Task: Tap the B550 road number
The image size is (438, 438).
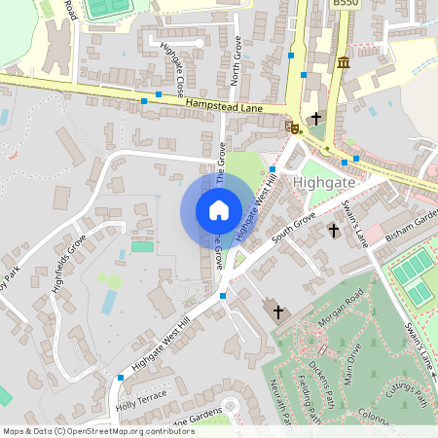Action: point(345,5)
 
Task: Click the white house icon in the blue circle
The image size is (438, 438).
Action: point(219,210)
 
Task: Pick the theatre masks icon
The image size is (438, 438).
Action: point(293,127)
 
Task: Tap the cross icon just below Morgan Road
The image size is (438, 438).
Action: point(279,311)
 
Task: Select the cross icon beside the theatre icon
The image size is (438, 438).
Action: point(315,119)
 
